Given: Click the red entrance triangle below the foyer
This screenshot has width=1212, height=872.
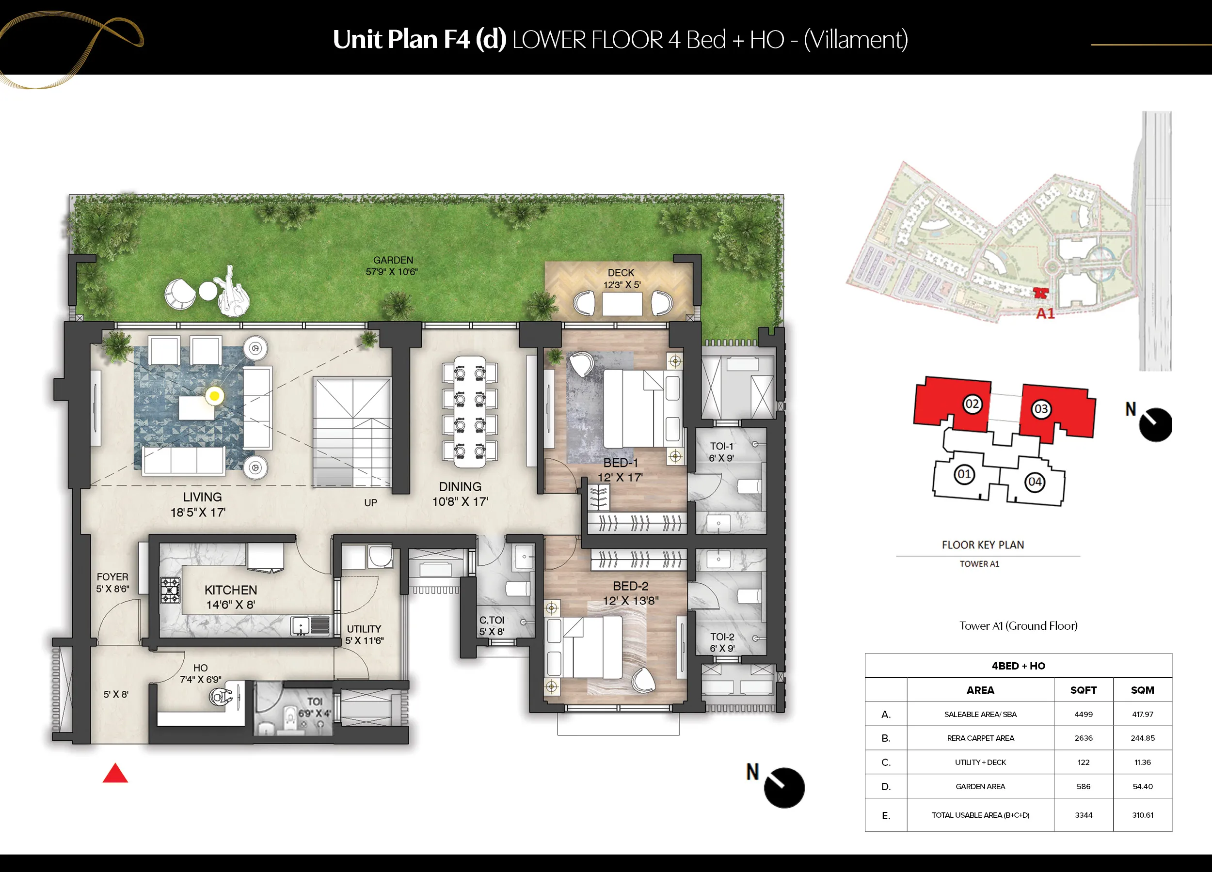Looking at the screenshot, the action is (115, 773).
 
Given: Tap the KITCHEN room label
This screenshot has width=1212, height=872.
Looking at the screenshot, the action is (231, 590).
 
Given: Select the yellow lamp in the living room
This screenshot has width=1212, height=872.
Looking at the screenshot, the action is (214, 396).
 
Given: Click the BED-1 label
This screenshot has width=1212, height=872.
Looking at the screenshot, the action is (621, 463).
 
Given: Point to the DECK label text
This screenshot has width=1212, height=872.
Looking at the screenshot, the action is (621, 272).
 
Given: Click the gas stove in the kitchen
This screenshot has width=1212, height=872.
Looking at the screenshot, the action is (171, 591).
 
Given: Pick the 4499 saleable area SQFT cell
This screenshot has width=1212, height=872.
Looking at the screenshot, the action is (1083, 714).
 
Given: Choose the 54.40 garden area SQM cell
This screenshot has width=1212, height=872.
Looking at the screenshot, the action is (1143, 786).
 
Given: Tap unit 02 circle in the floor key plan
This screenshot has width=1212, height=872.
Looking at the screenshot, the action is (972, 404).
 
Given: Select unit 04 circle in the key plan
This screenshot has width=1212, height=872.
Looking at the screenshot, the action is (1035, 482).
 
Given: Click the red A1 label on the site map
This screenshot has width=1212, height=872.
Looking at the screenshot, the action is (1045, 313).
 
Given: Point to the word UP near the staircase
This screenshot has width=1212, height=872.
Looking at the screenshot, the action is (370, 502).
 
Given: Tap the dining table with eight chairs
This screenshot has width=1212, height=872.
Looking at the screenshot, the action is (470, 411).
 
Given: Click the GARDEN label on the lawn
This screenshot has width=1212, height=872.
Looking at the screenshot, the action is (393, 260).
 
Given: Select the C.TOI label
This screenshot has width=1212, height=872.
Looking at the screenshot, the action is (492, 620).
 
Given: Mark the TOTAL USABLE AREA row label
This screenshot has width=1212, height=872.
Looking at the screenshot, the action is (980, 815).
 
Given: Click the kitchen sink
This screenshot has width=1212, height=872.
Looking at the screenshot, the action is (301, 625).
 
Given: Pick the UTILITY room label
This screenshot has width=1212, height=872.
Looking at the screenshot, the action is (364, 629).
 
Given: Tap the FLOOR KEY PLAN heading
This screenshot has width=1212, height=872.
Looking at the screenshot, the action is (983, 545).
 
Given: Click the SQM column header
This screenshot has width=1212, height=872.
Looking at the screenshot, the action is (1142, 690).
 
